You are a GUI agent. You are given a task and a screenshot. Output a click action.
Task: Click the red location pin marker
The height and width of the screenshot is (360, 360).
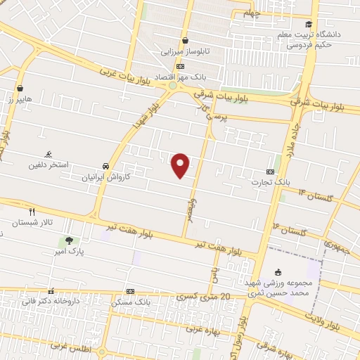click(x=181, y=165)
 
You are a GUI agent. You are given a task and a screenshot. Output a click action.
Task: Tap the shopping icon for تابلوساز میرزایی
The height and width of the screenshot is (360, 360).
click(x=185, y=41)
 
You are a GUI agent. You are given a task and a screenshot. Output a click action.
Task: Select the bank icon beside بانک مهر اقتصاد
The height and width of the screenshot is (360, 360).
click(x=181, y=65)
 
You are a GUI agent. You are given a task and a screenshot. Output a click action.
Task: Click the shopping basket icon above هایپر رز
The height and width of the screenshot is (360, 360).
click(x=20, y=89)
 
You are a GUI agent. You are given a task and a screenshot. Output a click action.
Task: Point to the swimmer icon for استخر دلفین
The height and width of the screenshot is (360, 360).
click(x=48, y=154)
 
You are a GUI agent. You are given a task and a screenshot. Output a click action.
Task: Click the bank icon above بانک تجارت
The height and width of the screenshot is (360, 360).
click(x=271, y=172)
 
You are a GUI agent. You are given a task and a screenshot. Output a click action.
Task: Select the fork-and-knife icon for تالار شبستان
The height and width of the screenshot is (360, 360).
click(x=32, y=211)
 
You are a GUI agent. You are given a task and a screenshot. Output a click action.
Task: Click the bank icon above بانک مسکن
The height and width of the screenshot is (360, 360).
click(x=130, y=291)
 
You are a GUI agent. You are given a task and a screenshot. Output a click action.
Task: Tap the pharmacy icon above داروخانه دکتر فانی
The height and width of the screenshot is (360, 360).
click(x=50, y=291)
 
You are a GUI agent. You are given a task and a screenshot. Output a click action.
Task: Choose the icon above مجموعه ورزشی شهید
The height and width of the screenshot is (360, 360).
click(x=278, y=272)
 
